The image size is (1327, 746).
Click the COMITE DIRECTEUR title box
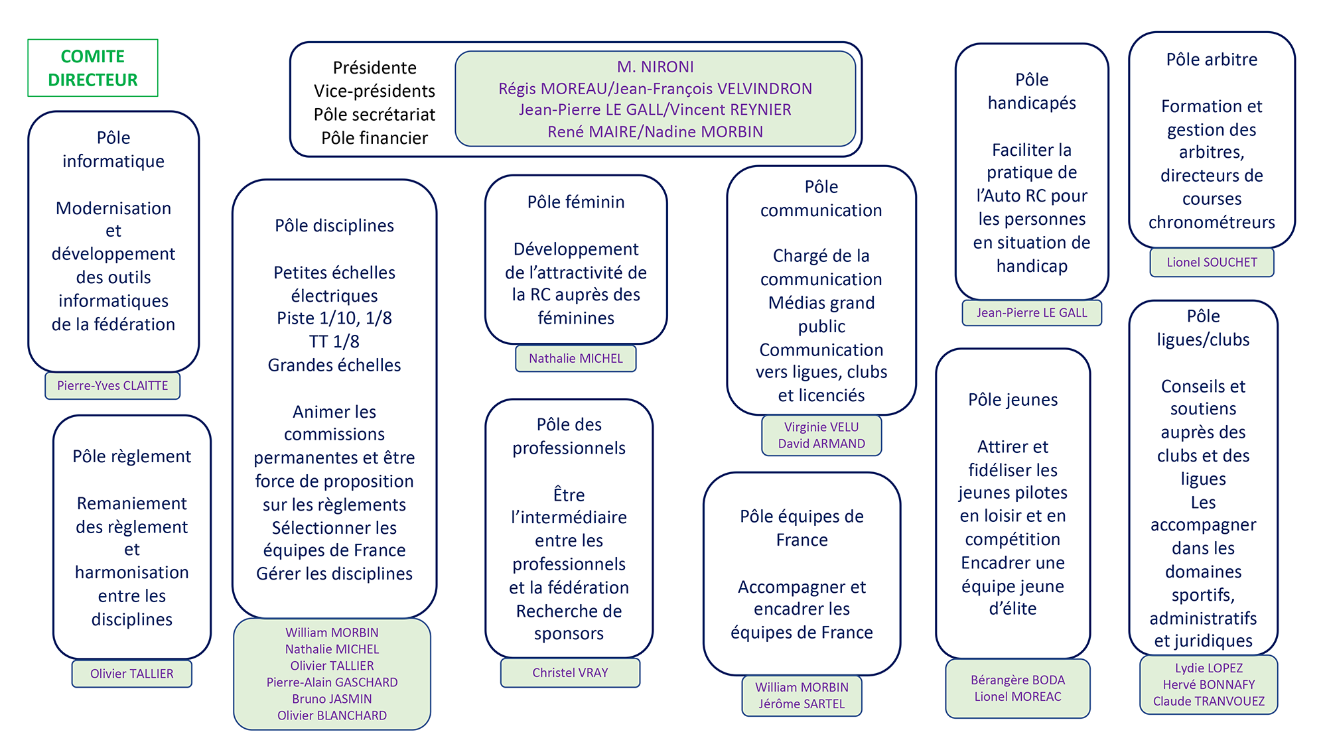point(93,68)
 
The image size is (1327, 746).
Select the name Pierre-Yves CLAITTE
point(113,386)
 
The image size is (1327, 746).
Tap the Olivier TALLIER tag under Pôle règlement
point(132,674)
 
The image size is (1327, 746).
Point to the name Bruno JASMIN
point(332,699)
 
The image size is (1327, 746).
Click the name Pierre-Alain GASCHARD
point(332,682)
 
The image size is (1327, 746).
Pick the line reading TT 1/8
point(334,342)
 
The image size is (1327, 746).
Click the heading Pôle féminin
point(576,202)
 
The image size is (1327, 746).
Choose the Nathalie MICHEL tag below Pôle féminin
point(576,359)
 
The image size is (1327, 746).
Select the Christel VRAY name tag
point(570,673)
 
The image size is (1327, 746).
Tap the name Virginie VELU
point(821,427)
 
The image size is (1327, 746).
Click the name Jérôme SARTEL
point(802,704)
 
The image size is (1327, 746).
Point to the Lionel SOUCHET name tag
point(1212,263)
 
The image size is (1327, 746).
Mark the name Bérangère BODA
point(1018,680)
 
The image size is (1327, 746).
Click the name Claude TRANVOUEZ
point(1209,702)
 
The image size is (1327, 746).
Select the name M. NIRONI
point(656,67)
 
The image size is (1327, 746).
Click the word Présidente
point(375,68)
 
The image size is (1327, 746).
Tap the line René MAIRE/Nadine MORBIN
point(656,132)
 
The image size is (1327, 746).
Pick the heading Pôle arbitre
point(1212,60)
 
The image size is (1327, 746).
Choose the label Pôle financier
point(375,138)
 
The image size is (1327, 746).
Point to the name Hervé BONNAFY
point(1209,685)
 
